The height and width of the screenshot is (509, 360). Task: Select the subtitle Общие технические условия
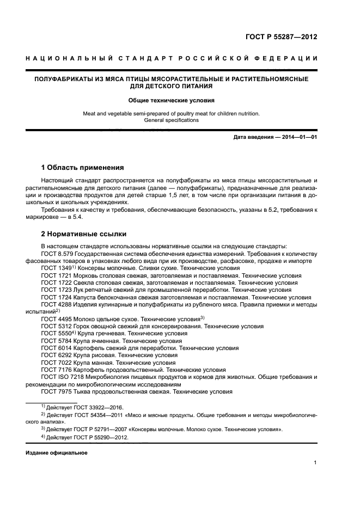pyautogui.click(x=172, y=101)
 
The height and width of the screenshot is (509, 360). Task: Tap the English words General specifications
pyautogui.click(x=172, y=120)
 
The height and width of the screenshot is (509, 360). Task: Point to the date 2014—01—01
pyautogui.click(x=298, y=137)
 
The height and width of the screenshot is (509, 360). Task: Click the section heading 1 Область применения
pyautogui.click(x=83, y=167)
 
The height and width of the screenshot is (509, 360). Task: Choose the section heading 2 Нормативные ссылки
pyautogui.click(x=84, y=234)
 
